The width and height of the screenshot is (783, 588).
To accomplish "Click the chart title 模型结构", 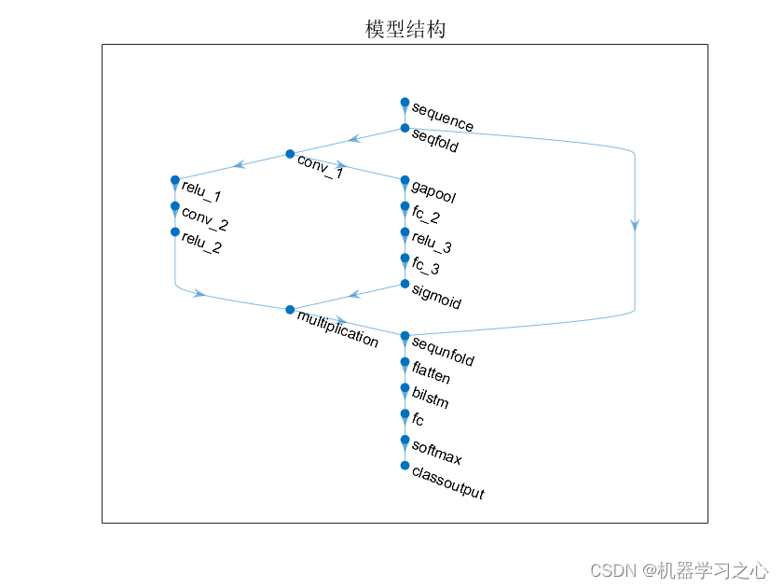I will coord(405,30).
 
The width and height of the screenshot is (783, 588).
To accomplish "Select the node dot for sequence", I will coord(405,102).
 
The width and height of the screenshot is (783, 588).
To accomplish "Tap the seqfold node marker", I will coord(405,128).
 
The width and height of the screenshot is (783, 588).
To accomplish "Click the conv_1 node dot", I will coord(290,154).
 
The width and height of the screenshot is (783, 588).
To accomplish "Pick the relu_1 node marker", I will coord(174,180).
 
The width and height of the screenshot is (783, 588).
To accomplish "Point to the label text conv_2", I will coord(205,219).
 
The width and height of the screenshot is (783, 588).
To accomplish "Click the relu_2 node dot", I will coord(174,231).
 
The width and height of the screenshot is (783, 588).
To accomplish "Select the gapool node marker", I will coord(405,180).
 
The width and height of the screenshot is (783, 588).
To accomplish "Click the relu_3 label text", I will coord(432,245).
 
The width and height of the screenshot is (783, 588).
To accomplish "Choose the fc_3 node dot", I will coord(405,258).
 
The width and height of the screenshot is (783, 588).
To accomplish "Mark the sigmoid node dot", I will coord(405,284).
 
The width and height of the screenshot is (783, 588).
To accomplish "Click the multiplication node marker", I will coord(290,310).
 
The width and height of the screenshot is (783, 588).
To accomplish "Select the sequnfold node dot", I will coord(405,336).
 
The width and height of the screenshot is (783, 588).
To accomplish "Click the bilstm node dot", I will coord(405,387).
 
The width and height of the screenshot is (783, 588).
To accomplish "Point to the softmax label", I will coord(436,454).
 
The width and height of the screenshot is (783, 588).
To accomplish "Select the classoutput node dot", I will coord(405,465).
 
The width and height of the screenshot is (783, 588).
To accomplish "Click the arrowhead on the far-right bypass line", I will coord(635,224).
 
